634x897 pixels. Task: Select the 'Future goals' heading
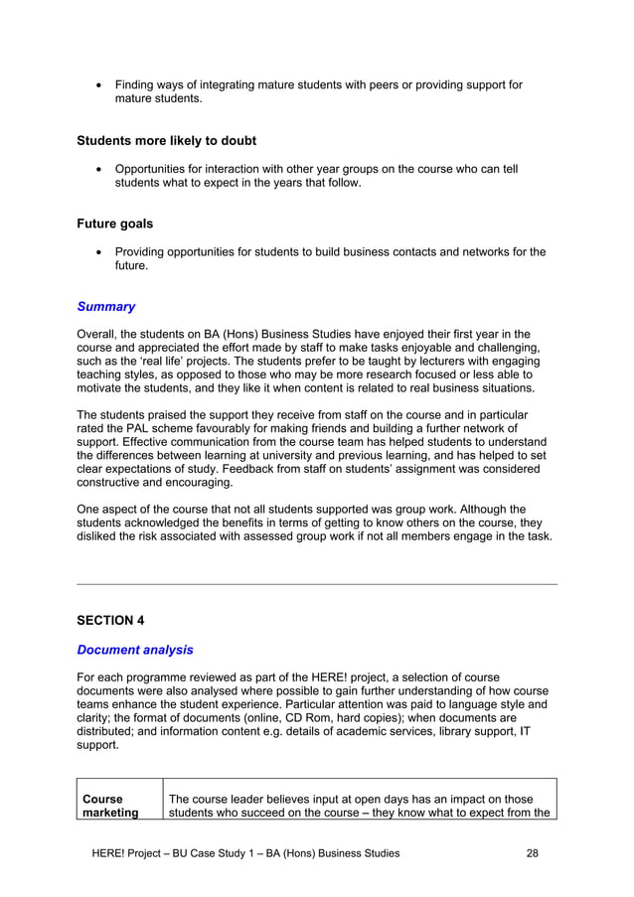[115, 224]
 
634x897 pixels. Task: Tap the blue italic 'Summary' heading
[106, 307]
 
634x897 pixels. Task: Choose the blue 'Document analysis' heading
[135, 650]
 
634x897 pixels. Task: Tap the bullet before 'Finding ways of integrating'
[98, 85]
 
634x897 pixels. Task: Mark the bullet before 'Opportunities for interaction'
[98, 170]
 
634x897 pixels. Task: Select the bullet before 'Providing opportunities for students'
[98, 252]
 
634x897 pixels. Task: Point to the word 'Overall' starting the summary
[99, 334]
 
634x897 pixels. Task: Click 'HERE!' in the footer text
[107, 852]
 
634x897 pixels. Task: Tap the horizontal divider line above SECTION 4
[317, 584]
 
